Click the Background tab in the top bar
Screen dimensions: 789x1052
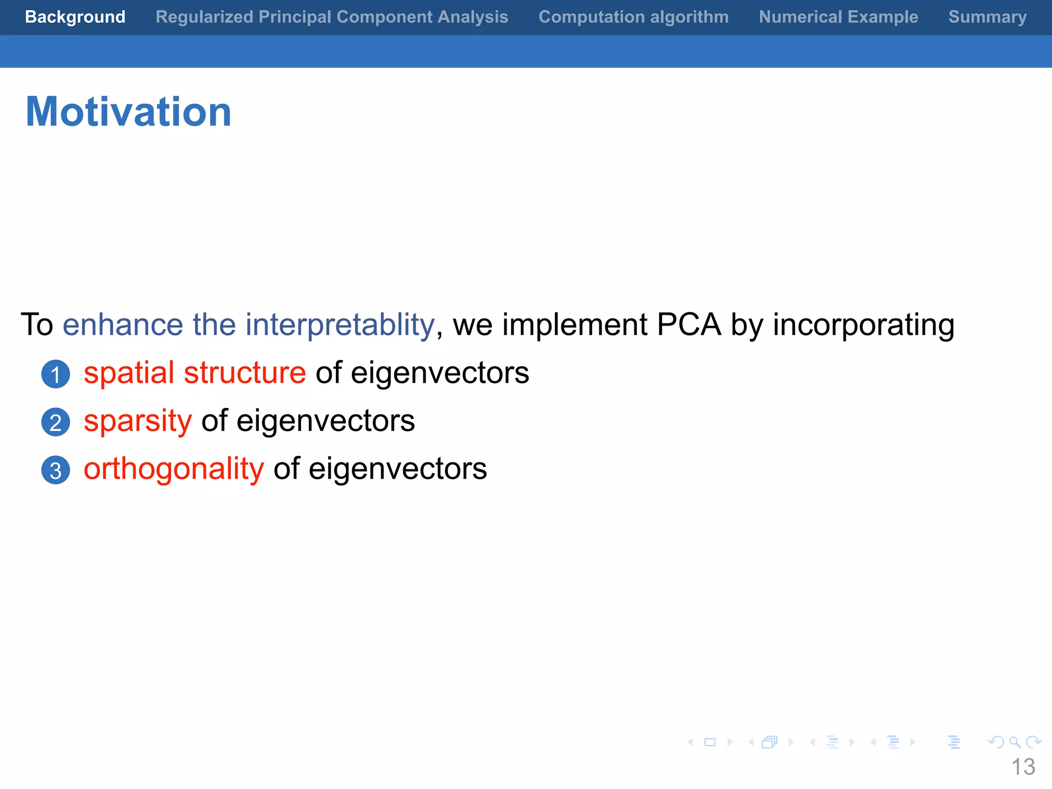point(75,17)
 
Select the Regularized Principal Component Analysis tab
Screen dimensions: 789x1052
point(332,17)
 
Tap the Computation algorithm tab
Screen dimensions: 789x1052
point(633,17)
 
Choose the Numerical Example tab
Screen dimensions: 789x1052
point(838,17)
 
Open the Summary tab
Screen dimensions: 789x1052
point(987,17)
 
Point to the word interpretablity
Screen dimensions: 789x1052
point(340,325)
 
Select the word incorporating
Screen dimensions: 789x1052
point(863,325)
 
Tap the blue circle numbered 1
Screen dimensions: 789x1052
point(55,374)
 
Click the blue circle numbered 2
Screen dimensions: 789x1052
point(55,422)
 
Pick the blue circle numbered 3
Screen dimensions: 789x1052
point(55,470)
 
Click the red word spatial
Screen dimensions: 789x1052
point(129,373)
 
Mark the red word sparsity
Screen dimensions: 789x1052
point(138,422)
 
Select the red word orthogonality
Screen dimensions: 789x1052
point(174,469)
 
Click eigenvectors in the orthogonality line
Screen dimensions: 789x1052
point(398,469)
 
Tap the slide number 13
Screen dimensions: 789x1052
point(1023,767)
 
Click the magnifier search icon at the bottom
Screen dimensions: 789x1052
point(1015,742)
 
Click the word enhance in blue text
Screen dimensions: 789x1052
point(123,325)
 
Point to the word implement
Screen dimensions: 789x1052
point(574,325)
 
